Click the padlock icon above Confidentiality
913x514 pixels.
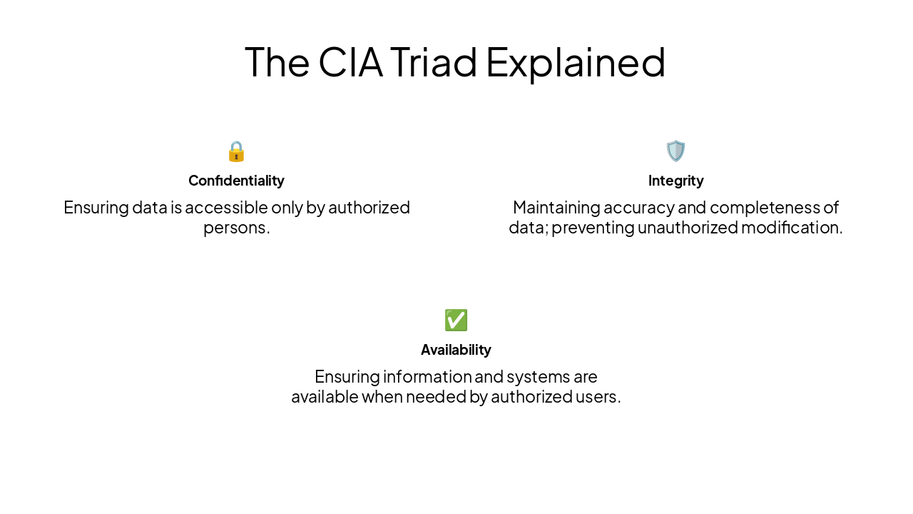[x=236, y=151]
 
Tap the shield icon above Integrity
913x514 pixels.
[x=675, y=151]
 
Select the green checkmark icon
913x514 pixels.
[x=456, y=321]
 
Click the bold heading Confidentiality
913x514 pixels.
[x=236, y=181]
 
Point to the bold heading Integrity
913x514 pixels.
[x=675, y=181]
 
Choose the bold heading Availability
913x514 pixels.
[x=456, y=350]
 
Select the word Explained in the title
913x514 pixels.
[x=576, y=62]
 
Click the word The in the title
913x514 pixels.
[x=277, y=62]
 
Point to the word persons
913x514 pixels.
[x=236, y=228]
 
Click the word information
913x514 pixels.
[x=425, y=377]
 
